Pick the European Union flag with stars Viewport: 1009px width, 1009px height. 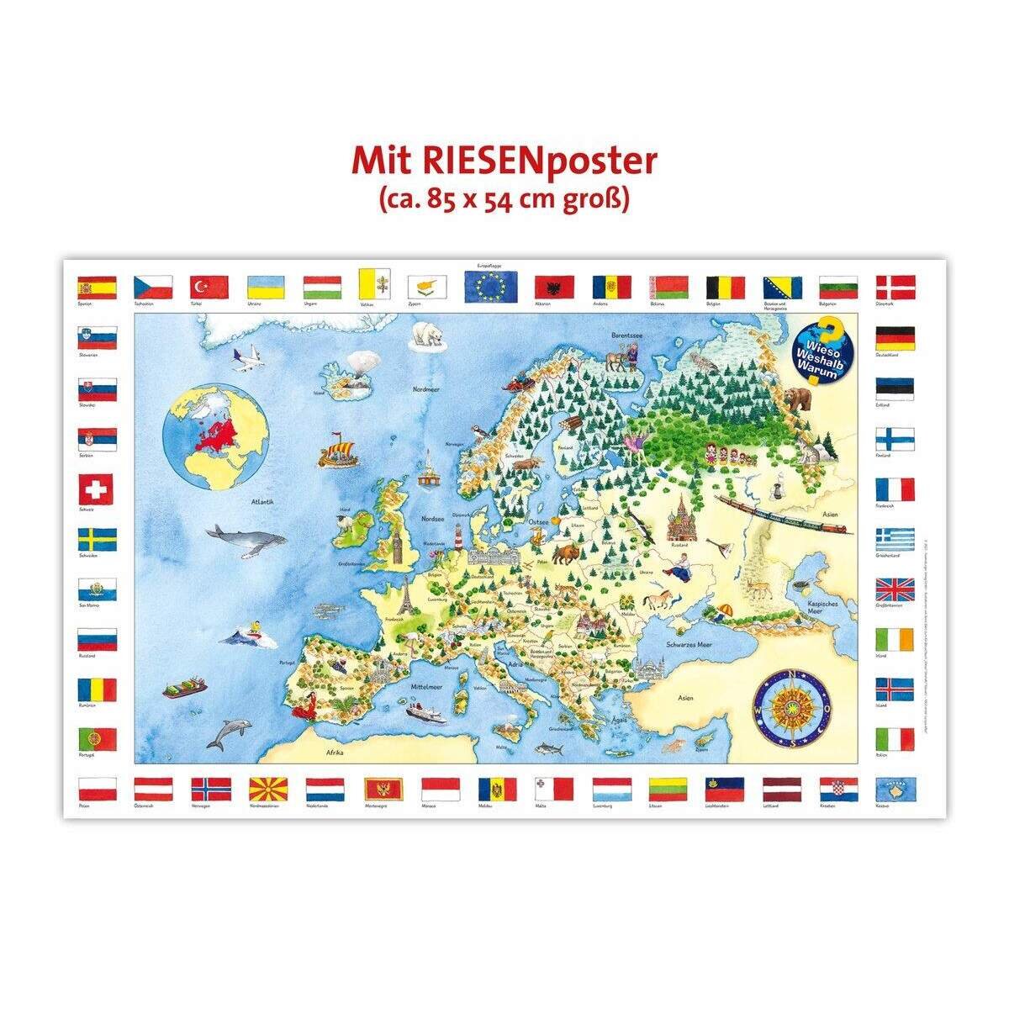[x=489, y=287]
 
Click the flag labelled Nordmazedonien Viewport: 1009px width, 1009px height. [x=268, y=788]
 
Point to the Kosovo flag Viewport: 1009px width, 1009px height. [x=895, y=788]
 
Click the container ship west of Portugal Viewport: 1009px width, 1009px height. [x=183, y=687]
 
